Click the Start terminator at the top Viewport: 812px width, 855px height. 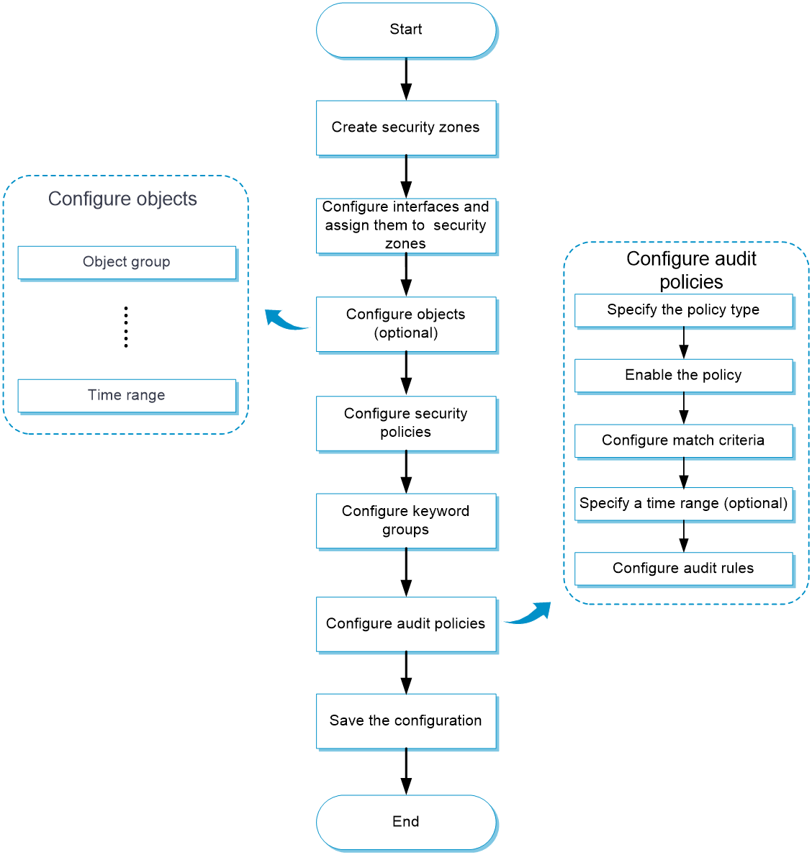[x=406, y=30]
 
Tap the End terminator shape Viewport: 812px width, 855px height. [x=406, y=822]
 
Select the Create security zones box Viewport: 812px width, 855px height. [x=406, y=127]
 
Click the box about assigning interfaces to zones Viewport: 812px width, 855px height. [x=406, y=225]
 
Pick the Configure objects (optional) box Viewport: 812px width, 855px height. [x=406, y=324]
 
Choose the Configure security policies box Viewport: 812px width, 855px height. [x=406, y=423]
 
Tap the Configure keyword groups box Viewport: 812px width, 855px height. [x=406, y=520]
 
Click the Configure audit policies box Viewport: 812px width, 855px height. [x=406, y=624]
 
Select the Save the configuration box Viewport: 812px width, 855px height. [x=406, y=721]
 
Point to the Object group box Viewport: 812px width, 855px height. [x=127, y=262]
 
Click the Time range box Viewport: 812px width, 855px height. [x=127, y=395]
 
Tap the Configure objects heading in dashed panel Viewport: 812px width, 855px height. [x=122, y=199]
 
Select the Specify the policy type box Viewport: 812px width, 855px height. [x=683, y=310]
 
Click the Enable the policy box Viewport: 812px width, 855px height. [x=683, y=375]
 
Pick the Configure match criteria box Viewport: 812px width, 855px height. [x=683, y=440]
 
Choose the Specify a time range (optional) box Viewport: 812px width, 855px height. [x=683, y=504]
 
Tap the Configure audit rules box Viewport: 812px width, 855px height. [x=683, y=569]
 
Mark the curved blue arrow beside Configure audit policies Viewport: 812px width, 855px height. [x=528, y=614]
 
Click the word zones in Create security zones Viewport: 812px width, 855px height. [x=459, y=127]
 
